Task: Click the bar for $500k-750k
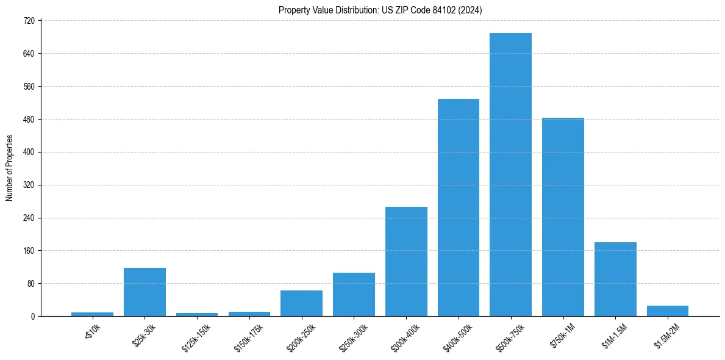click(510, 175)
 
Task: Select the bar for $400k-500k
click(458, 207)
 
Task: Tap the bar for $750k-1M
click(563, 217)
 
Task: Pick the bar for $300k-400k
click(406, 261)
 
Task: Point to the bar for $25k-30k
click(145, 292)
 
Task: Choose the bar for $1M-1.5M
click(615, 279)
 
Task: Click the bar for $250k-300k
click(354, 294)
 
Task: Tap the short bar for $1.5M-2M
click(668, 311)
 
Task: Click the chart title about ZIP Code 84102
click(380, 10)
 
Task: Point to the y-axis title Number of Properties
click(9, 168)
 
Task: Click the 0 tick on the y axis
click(34, 316)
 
